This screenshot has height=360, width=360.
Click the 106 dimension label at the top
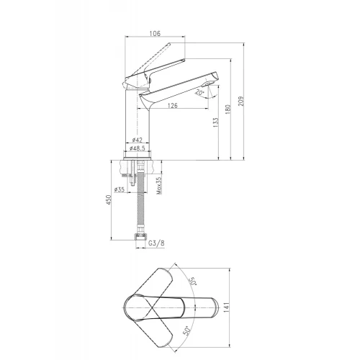click(x=155, y=33)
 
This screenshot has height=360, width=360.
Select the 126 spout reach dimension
click(x=173, y=105)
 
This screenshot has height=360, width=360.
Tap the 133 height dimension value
click(x=216, y=122)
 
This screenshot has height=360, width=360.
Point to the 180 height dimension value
click(x=228, y=109)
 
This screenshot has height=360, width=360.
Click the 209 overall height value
click(x=240, y=101)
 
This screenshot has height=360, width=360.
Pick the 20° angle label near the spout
click(x=200, y=92)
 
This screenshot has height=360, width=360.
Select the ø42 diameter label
click(x=138, y=140)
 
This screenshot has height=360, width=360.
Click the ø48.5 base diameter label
click(x=138, y=148)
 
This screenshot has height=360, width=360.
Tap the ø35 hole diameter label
click(x=120, y=189)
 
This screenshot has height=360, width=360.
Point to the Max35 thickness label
click(x=159, y=186)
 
